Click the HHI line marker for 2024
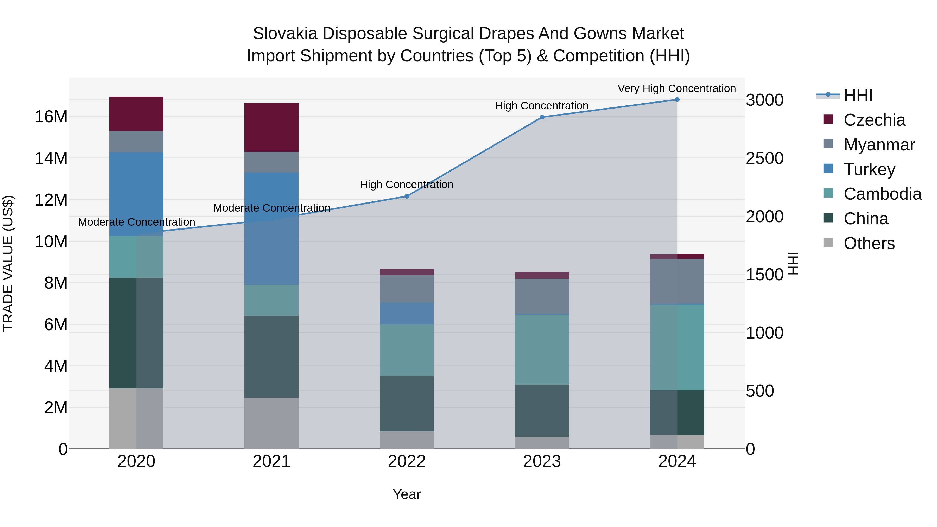click(677, 100)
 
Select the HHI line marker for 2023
click(542, 117)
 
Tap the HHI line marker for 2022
click(407, 196)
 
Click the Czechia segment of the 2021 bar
click(271, 127)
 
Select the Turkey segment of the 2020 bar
click(136, 194)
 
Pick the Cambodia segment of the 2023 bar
click(542, 350)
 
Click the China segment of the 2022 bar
click(407, 404)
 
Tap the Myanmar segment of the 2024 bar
click(677, 282)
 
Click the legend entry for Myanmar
click(879, 145)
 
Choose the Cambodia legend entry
click(882, 194)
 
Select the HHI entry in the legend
click(858, 95)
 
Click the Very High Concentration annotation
click(676, 88)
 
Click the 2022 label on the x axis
click(407, 461)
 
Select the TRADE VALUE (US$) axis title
click(8, 263)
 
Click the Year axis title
click(407, 494)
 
